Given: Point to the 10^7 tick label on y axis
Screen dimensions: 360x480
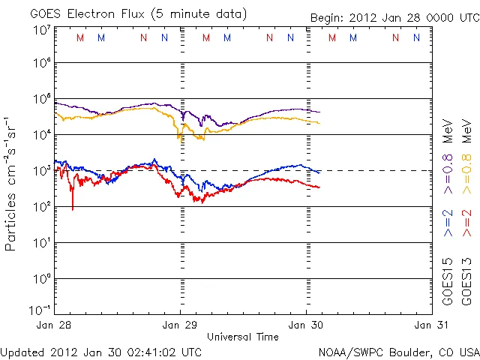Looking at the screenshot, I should (x=42, y=31).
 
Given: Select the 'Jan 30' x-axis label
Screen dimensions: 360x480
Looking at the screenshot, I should (x=306, y=325).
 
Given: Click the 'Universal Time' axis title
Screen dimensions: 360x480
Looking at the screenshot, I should (x=243, y=337).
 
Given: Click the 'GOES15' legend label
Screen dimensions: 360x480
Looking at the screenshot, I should (x=448, y=281).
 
